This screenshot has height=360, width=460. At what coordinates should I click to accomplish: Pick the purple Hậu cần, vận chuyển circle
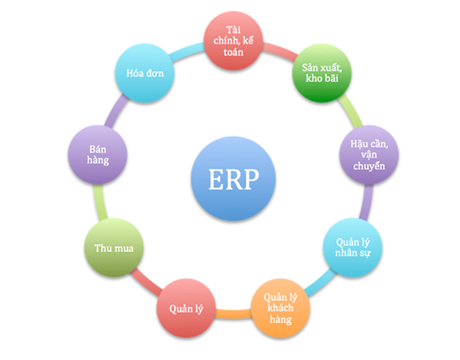coord(367,152)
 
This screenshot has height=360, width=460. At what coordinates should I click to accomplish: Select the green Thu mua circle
coord(111,248)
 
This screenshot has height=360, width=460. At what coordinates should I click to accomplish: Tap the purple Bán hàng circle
coord(96,154)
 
